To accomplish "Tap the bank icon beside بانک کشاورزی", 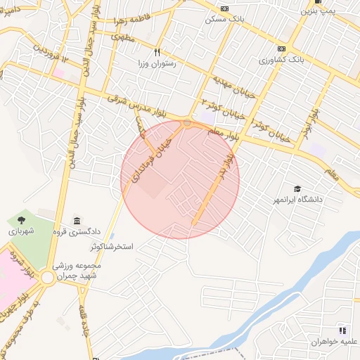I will [281, 49].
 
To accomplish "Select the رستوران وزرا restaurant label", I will [158, 63].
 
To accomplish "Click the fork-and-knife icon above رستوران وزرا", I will [157, 51].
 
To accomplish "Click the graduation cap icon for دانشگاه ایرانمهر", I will [297, 189].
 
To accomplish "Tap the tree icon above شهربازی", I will [20, 221].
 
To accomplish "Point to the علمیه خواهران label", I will [336, 341].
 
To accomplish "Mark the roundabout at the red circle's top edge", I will [187, 123].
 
